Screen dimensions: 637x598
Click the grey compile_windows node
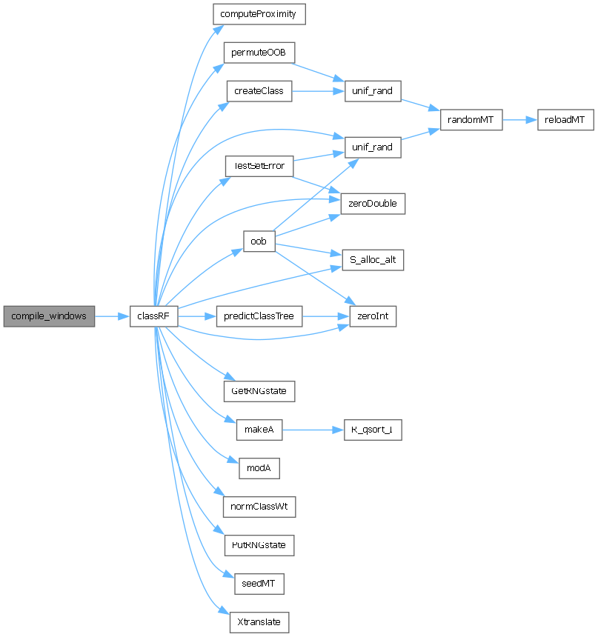49,316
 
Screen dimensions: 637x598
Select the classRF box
153,316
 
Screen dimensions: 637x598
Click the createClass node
259,91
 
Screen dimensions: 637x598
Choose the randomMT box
471,119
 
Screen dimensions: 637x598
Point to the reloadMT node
565,119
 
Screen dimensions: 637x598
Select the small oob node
259,241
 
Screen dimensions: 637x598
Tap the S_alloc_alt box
372,260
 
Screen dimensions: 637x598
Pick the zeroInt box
373,316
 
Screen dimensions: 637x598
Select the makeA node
259,430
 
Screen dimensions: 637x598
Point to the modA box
259,468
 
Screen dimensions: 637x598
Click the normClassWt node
259,507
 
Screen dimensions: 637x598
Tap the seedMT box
259,584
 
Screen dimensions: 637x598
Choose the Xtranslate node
259,622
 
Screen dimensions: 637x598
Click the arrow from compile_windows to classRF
113,316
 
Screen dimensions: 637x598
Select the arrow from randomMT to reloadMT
519,119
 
